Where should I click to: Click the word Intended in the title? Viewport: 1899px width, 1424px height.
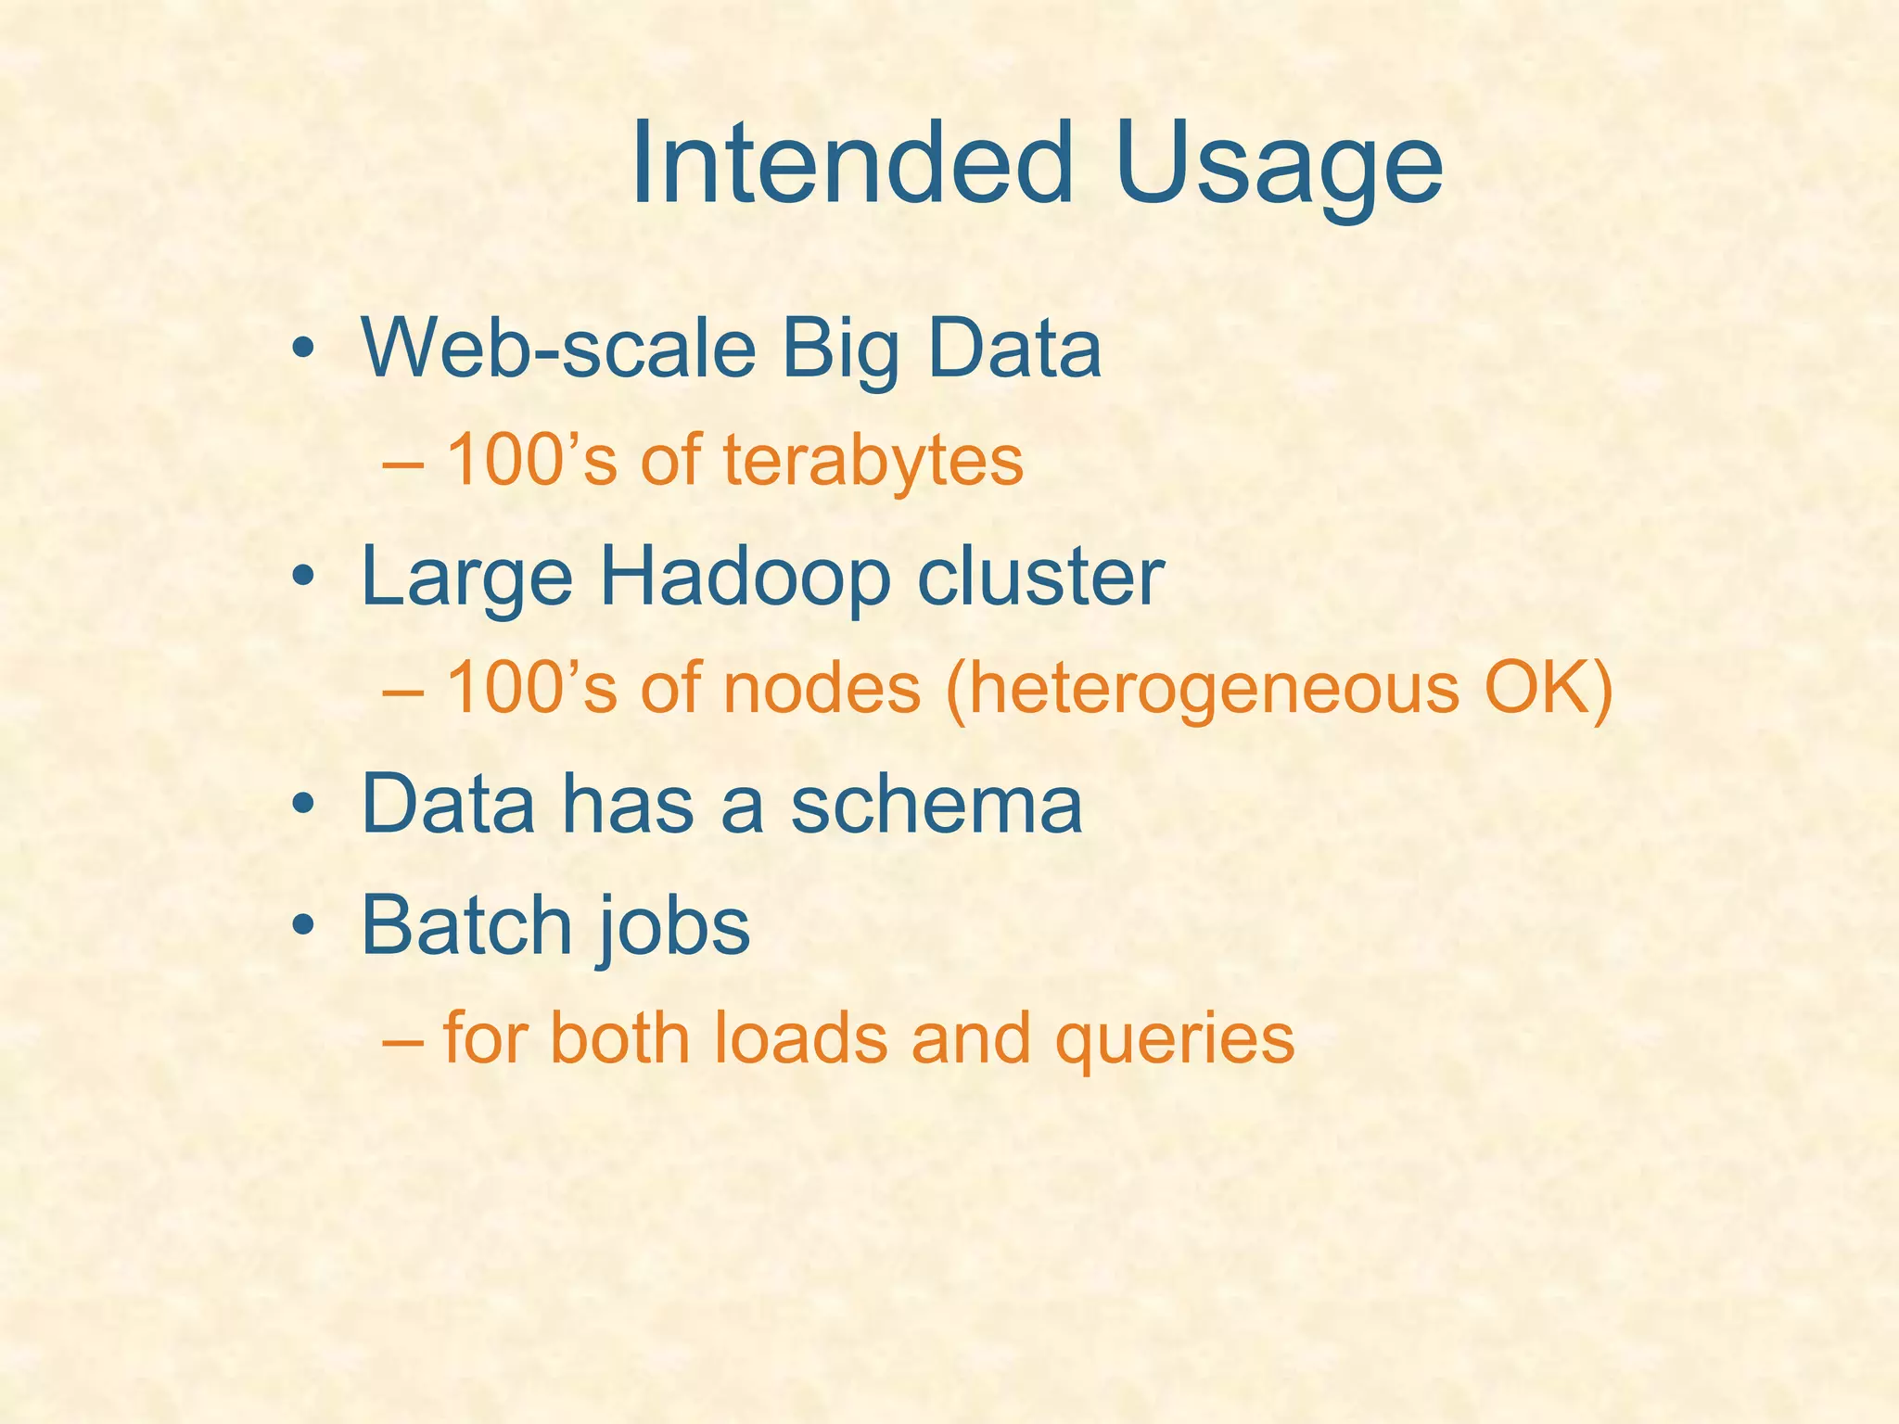click(x=851, y=165)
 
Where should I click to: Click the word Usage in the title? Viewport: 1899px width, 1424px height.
click(x=1280, y=167)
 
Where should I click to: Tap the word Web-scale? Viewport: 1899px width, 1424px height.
click(x=558, y=349)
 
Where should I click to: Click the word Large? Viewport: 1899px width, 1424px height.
click(x=466, y=578)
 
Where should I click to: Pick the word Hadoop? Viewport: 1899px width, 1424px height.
click(x=745, y=578)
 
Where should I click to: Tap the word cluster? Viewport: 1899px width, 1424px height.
click(x=1039, y=577)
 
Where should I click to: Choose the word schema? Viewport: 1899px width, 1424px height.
click(x=936, y=805)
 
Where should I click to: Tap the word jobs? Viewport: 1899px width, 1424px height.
click(x=674, y=927)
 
